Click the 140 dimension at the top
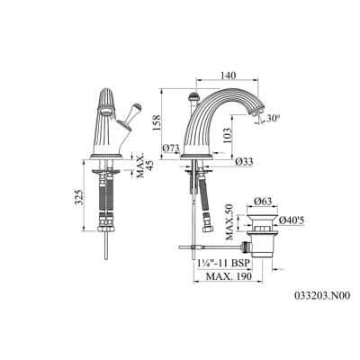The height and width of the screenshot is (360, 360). pyautogui.click(x=228, y=75)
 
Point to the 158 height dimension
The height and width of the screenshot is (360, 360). pyautogui.click(x=157, y=122)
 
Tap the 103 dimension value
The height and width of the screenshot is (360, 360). pyautogui.click(x=227, y=135)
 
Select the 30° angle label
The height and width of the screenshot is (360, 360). pyautogui.click(x=273, y=118)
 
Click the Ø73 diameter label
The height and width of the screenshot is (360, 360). pyautogui.click(x=171, y=148)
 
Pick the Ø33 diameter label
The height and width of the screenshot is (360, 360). pyautogui.click(x=244, y=162)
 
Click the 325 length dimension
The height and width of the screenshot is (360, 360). pyautogui.click(x=78, y=197)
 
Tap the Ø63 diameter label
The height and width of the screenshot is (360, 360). pyautogui.click(x=263, y=201)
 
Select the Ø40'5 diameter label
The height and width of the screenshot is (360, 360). pyautogui.click(x=292, y=220)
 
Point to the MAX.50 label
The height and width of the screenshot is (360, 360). pyautogui.click(x=229, y=222)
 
